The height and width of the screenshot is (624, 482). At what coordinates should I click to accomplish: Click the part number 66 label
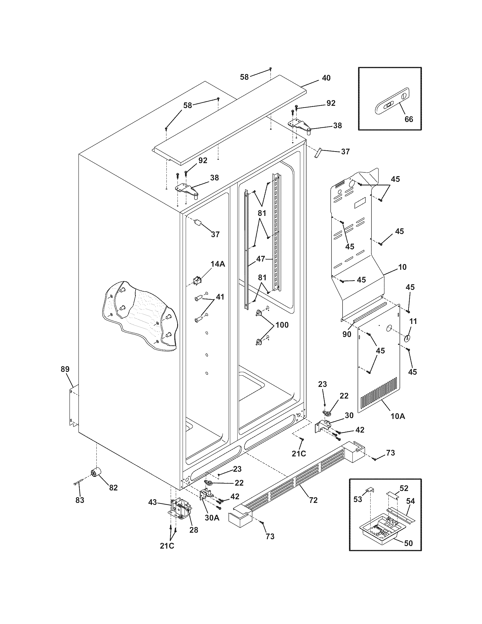tap(409, 119)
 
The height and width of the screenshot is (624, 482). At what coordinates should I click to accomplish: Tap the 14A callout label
tap(217, 264)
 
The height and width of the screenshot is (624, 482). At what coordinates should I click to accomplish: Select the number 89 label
tap(65, 369)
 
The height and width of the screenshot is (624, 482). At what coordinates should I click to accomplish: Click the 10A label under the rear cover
tap(398, 416)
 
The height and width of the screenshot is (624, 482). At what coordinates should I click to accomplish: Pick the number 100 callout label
tap(282, 325)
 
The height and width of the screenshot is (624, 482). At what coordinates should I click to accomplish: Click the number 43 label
tap(153, 502)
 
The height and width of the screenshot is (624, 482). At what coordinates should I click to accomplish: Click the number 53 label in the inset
tap(358, 499)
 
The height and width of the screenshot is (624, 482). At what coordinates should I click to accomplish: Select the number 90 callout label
tap(347, 334)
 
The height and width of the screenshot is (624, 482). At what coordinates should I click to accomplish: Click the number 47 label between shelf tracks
tap(260, 259)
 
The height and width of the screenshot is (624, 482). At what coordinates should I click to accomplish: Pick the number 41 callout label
tap(219, 297)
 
